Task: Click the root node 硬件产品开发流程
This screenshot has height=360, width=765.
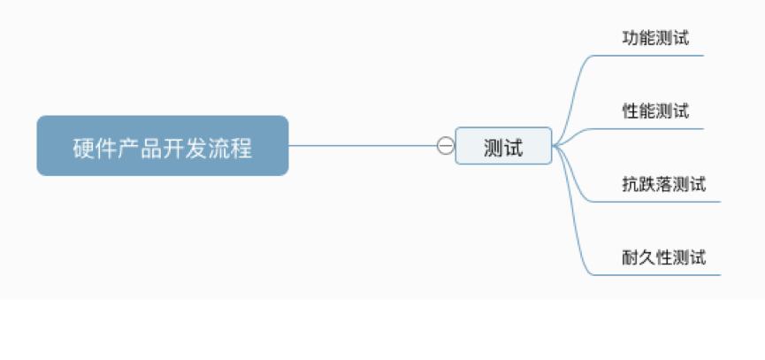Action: [163, 145]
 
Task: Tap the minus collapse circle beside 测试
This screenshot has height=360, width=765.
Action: [445, 145]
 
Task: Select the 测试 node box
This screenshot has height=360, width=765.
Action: [503, 146]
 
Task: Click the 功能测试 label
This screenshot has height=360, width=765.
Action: [655, 38]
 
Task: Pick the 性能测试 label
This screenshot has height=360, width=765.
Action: [655, 111]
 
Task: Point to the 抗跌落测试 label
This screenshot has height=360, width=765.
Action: [664, 184]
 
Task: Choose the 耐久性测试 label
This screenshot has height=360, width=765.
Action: [664, 257]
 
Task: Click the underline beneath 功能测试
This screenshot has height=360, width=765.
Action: [649, 56]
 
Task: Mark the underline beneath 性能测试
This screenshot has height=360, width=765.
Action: [649, 129]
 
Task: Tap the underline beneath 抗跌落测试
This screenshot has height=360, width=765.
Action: [657, 202]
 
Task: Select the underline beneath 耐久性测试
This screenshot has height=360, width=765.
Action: [657, 274]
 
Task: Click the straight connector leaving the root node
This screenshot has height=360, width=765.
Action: [363, 145]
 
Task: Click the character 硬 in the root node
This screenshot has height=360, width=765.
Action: [83, 148]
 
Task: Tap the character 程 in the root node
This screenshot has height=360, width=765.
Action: [241, 148]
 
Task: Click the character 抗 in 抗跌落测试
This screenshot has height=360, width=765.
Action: [631, 184]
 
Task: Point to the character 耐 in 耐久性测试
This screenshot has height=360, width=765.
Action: [631, 257]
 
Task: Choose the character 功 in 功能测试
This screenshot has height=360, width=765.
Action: [631, 38]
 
